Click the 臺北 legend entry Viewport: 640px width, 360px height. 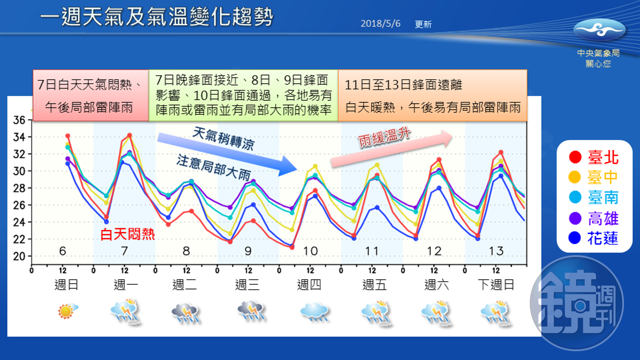(594, 157)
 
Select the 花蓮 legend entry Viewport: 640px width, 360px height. (594, 238)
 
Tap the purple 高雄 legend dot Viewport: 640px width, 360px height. (575, 218)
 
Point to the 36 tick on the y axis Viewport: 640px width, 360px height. (19, 120)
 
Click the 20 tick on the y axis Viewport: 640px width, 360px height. (19, 256)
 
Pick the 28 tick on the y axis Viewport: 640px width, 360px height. (19, 188)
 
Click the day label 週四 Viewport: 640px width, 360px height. (309, 285)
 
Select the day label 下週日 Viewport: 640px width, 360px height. (496, 285)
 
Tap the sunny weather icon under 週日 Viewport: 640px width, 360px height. (67, 311)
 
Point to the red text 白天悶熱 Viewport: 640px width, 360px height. (127, 234)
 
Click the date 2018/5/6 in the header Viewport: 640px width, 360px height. (380, 24)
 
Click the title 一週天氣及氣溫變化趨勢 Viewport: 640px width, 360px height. (156, 18)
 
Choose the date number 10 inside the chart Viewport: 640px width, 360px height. (310, 251)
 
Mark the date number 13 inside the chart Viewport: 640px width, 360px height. (496, 251)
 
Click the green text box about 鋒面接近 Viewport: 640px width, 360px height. (243, 95)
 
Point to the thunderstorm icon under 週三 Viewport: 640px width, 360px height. (251, 311)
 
